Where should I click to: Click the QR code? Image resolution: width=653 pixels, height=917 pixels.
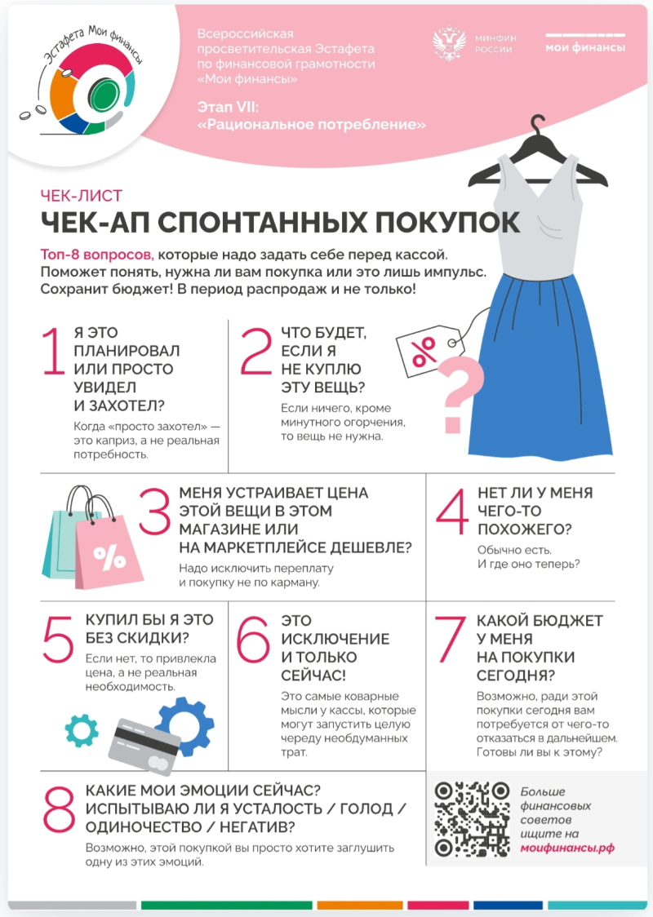pos(471,819)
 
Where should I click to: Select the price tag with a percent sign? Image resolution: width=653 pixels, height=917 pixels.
pos(430,352)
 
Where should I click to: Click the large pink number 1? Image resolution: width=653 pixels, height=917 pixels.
pos(53,350)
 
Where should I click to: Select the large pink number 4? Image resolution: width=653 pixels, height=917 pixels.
pos(451,512)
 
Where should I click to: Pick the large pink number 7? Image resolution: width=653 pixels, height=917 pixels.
pos(450,640)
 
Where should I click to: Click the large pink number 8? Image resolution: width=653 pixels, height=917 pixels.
pos(59,809)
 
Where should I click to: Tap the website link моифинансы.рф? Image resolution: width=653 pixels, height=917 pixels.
pos(567,848)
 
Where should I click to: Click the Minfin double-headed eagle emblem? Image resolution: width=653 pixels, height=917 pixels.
pos(449,43)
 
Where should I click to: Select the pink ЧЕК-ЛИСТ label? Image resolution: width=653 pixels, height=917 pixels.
pos(82,195)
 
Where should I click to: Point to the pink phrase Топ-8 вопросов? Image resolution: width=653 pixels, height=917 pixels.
pos(97,255)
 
